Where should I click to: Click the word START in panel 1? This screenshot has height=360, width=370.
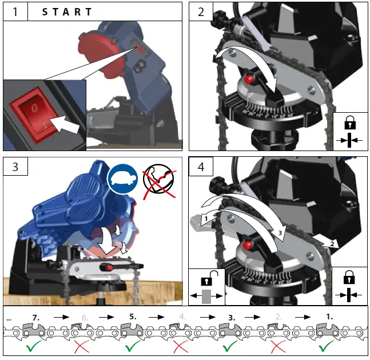pyautogui.click(x=67, y=11)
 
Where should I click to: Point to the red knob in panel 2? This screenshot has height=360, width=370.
pyautogui.click(x=250, y=78)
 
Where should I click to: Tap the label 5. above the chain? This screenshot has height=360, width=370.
pyautogui.click(x=132, y=315)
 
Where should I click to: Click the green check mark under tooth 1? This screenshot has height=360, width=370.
pyautogui.click(x=325, y=347)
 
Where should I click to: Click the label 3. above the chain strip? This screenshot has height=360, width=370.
pyautogui.click(x=231, y=315)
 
